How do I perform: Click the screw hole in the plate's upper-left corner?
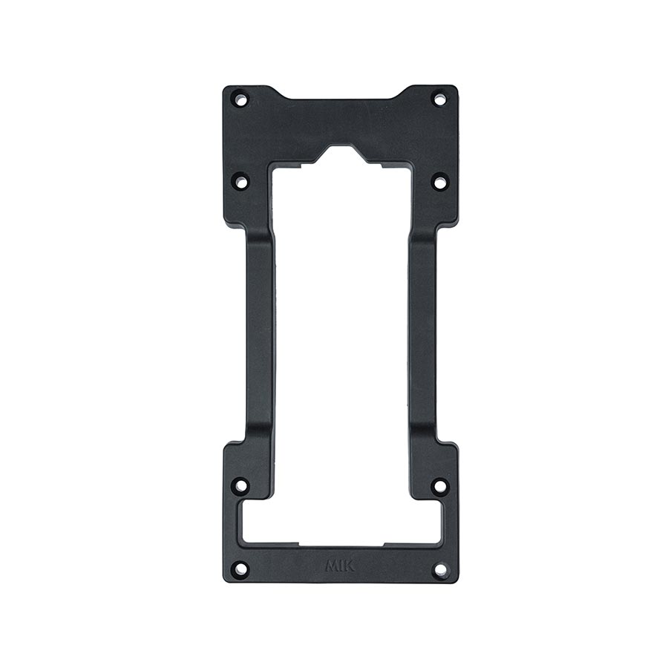click(240, 98)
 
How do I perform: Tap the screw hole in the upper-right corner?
click(439, 98)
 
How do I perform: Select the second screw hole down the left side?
click(240, 180)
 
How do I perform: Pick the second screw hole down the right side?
click(439, 180)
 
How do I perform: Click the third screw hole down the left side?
click(240, 486)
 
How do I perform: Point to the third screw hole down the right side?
click(439, 486)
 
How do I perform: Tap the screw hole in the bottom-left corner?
click(240, 569)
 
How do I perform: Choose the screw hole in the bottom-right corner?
click(439, 569)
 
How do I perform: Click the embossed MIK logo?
click(340, 566)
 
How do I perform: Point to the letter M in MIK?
click(332, 566)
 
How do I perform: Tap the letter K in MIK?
click(349, 566)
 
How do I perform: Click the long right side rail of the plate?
click(422, 334)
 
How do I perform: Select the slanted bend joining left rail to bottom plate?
click(252, 438)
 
